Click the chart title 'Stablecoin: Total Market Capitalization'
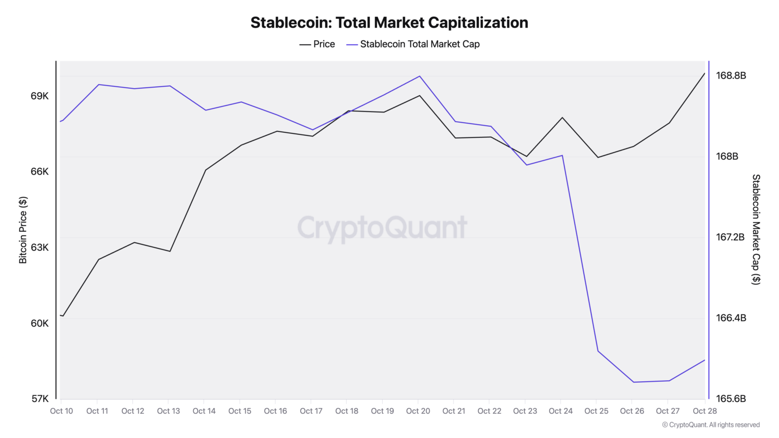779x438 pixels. coord(389,23)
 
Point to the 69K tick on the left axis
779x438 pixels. coord(40,96)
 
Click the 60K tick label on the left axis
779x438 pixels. coord(40,323)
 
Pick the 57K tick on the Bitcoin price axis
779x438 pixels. coord(40,398)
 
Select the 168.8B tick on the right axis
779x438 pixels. coord(730,76)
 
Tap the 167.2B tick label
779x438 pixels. coord(730,237)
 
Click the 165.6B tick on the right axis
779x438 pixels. coord(730,398)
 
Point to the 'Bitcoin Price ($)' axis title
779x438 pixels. coord(23,230)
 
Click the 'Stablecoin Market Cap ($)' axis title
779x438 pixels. coord(756,229)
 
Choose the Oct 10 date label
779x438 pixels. coord(61,411)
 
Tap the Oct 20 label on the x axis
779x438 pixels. coord(418,411)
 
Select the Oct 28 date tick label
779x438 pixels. coord(704,411)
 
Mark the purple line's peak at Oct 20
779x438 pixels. coord(419,76)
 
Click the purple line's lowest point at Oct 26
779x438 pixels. coord(633,382)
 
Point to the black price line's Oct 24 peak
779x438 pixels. coord(562,118)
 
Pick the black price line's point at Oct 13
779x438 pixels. coord(170,251)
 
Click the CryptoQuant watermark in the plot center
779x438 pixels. coord(382,228)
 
